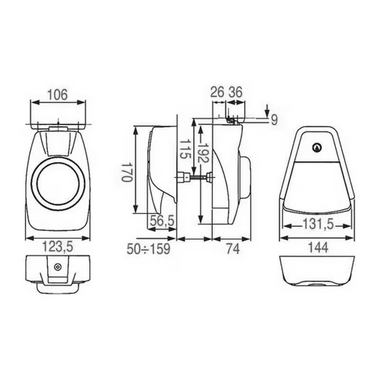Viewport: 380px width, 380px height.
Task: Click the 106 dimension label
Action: [x=57, y=94]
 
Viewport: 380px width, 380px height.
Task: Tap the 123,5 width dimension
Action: [x=57, y=246]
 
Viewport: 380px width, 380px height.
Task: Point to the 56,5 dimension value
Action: [x=161, y=220]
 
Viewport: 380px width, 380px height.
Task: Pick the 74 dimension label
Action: [x=232, y=248]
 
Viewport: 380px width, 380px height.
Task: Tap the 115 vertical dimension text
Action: [x=185, y=148]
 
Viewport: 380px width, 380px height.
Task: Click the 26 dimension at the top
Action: [x=217, y=92]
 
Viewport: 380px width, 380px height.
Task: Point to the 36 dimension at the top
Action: [x=236, y=92]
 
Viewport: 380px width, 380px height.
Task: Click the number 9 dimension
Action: [x=274, y=120]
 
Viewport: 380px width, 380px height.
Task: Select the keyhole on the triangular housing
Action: [x=316, y=148]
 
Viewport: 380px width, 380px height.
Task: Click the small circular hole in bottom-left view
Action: [x=57, y=267]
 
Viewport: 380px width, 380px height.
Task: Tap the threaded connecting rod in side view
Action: [x=195, y=178]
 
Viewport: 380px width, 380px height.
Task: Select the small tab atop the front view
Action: [x=57, y=127]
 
